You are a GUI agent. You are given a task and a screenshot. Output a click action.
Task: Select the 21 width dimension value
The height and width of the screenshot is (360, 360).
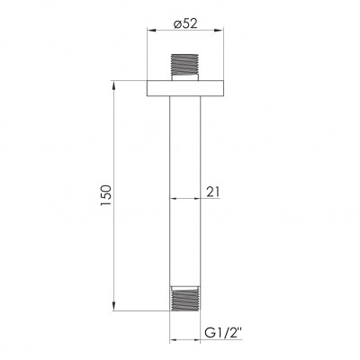tap(212, 191)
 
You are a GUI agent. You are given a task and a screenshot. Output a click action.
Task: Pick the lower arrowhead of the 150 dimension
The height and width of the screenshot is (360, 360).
tap(114, 306)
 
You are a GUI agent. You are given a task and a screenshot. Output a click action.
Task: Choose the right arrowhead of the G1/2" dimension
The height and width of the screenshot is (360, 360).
tap(197, 340)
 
